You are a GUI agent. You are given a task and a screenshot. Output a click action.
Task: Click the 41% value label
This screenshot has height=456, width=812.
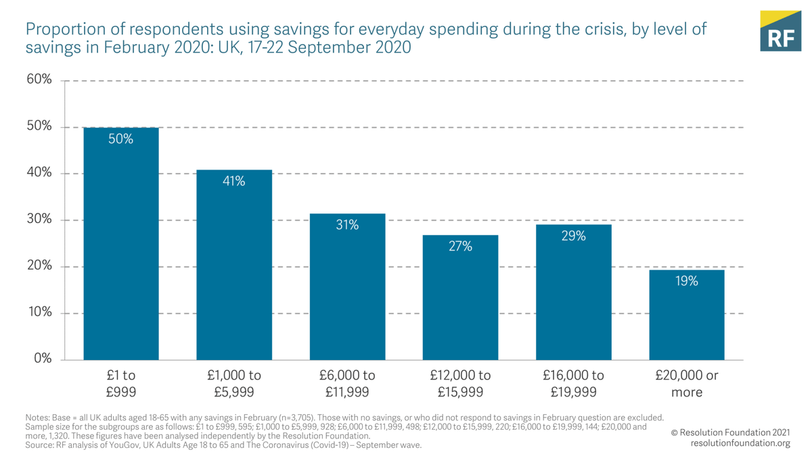pyautogui.click(x=234, y=181)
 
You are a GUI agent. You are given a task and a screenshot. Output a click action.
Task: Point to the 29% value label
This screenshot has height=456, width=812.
pyautogui.click(x=573, y=236)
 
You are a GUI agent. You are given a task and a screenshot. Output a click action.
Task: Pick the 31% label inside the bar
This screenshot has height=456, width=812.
pyautogui.click(x=347, y=225)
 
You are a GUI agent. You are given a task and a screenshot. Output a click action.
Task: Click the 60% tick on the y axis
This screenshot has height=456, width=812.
pyautogui.click(x=39, y=80)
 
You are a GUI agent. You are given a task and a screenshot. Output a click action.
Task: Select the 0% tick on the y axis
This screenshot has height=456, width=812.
pyautogui.click(x=43, y=359)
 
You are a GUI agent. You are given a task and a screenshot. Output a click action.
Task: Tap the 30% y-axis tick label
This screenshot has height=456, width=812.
pyautogui.click(x=39, y=220)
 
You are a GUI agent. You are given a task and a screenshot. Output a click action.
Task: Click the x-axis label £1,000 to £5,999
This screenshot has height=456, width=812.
pyautogui.click(x=234, y=383)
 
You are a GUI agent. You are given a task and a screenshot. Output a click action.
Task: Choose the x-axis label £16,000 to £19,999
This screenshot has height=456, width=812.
pyautogui.click(x=573, y=383)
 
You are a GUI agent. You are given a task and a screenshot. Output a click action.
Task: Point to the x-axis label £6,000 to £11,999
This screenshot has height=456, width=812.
pyautogui.click(x=347, y=383)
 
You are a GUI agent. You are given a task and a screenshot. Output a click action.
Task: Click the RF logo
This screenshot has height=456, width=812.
pyautogui.click(x=780, y=31)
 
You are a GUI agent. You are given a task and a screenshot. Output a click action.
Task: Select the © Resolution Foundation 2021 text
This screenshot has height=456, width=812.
pyautogui.click(x=730, y=432)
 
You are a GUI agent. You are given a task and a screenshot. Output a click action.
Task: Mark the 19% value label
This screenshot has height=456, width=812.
pyautogui.click(x=686, y=281)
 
